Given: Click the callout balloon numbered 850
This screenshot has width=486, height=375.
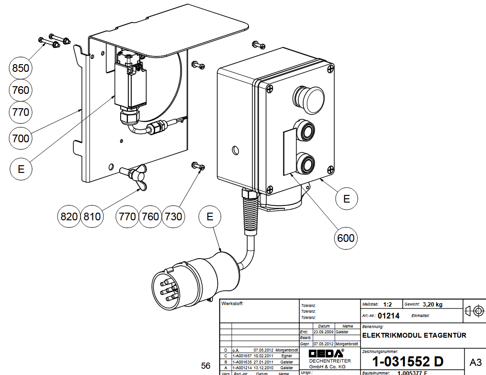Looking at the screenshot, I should [x=21, y=68].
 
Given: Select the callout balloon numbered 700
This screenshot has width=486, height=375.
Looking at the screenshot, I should [x=21, y=138].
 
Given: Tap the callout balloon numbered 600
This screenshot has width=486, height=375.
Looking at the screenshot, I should [x=346, y=238].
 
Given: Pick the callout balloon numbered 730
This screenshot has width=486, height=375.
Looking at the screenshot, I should [x=173, y=216].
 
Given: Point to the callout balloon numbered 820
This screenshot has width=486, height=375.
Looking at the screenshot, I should [x=68, y=216].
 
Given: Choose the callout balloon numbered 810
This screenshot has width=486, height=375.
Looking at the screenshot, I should [x=91, y=216].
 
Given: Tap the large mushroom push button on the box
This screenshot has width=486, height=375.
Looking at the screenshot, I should [x=310, y=98].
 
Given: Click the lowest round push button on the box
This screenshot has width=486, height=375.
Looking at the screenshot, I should [x=305, y=162].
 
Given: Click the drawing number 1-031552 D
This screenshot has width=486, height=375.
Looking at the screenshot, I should [x=408, y=362].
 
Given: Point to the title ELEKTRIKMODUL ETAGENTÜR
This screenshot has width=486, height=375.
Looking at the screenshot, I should [x=414, y=335].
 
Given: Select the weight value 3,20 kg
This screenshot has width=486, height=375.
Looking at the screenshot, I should [x=433, y=304].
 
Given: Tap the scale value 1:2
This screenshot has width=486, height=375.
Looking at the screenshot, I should [x=387, y=304].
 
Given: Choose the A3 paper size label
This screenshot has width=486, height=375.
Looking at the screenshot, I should [x=475, y=362].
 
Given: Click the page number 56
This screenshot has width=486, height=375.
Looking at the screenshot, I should [x=206, y=366].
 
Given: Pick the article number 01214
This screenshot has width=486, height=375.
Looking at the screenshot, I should [x=388, y=316].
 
